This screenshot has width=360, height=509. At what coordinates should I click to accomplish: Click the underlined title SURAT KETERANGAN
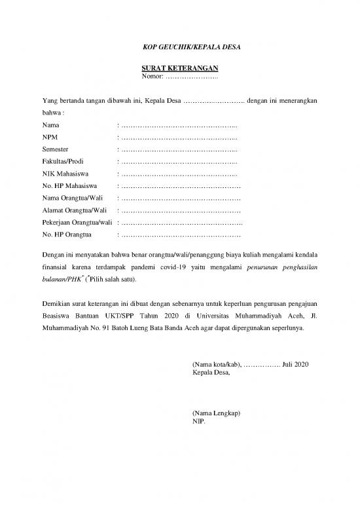pyautogui.click(x=179, y=68)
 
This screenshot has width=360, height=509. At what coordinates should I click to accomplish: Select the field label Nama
pyautogui.click(x=49, y=125)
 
